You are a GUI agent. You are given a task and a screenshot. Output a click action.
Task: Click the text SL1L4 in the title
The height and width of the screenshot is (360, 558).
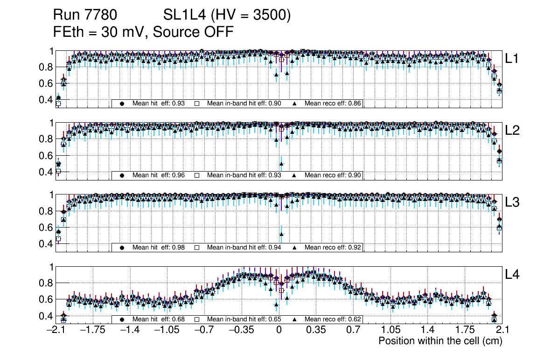(x=184, y=16)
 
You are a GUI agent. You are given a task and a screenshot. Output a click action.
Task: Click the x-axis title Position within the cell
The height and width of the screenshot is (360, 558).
(x=440, y=341)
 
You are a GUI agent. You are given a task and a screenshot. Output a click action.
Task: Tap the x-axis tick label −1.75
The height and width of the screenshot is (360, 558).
(x=93, y=330)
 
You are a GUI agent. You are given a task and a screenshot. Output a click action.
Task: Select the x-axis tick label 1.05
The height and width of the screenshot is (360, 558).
(x=390, y=330)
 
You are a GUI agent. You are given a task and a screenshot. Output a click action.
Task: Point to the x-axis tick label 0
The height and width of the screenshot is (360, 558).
(x=279, y=330)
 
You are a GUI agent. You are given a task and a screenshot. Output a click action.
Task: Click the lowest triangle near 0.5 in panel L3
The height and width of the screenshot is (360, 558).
(x=281, y=234)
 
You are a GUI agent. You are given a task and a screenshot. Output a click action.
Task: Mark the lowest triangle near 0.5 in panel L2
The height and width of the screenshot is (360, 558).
(x=281, y=163)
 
